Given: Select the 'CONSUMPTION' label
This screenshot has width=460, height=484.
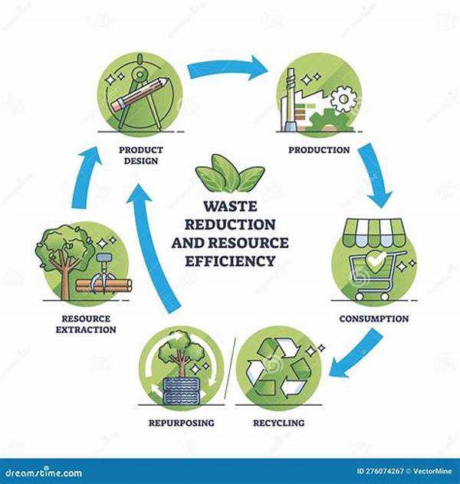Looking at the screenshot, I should (x=373, y=318).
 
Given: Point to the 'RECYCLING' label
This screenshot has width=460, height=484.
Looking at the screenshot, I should (x=278, y=422).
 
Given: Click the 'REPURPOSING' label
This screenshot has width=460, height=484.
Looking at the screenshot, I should (x=182, y=422).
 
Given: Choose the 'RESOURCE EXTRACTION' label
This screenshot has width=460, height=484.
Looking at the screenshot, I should (x=86, y=324).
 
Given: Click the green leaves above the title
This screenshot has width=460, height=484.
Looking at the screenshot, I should (x=229, y=174).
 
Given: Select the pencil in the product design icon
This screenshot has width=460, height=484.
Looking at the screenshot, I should (x=132, y=100).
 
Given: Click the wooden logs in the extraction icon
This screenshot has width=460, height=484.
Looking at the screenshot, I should (x=103, y=286).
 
